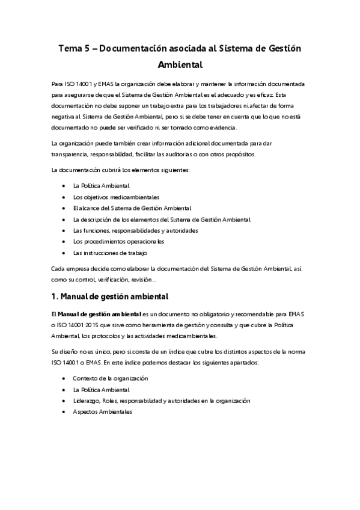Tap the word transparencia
(73, 153)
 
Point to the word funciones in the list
(94, 230)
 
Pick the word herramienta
(141, 325)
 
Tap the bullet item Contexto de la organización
(111, 378)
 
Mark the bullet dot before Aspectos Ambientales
(64, 411)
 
